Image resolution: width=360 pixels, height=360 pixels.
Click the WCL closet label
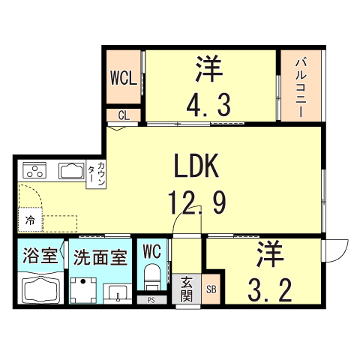pyautogui.click(x=124, y=78)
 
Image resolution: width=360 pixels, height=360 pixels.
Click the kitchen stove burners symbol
pyautogui.click(x=35, y=169)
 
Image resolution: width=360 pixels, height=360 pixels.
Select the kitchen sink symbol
pyautogui.click(x=72, y=170)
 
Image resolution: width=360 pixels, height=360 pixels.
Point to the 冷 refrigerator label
pyautogui.click(x=29, y=221)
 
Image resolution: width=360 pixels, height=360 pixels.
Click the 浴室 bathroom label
pyautogui.click(x=40, y=254)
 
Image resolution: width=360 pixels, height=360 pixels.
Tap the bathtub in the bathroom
pyautogui.click(x=40, y=288)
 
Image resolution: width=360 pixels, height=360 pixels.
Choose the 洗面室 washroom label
pyautogui.click(x=100, y=255)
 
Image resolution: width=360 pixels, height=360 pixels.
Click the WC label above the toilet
pyautogui.click(x=152, y=250)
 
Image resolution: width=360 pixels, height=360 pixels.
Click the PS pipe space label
pyautogui.click(x=151, y=301)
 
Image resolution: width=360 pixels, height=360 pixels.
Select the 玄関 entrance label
pyautogui.click(x=187, y=289)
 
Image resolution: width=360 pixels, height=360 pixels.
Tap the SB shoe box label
pyautogui.click(x=211, y=289)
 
